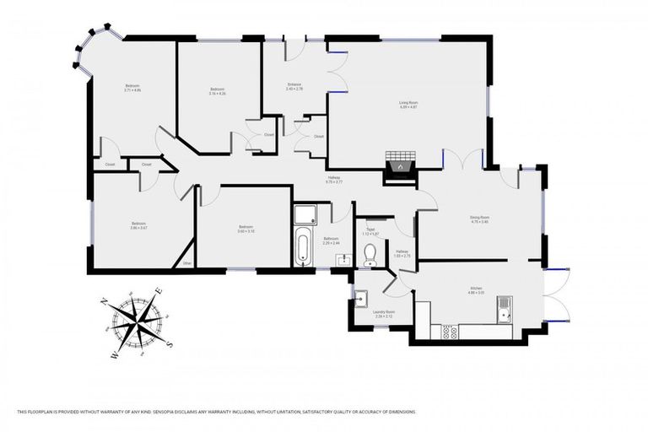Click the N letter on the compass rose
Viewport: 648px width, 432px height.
click(104, 301)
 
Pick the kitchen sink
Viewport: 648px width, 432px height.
click(505, 310)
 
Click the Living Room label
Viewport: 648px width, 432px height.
click(408, 105)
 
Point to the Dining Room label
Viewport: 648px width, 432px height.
click(480, 219)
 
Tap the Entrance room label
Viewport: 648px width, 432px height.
click(294, 87)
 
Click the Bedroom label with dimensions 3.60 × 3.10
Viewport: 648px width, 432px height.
click(245, 228)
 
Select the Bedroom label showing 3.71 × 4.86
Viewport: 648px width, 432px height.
click(132, 88)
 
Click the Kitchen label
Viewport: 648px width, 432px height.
click(476, 289)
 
